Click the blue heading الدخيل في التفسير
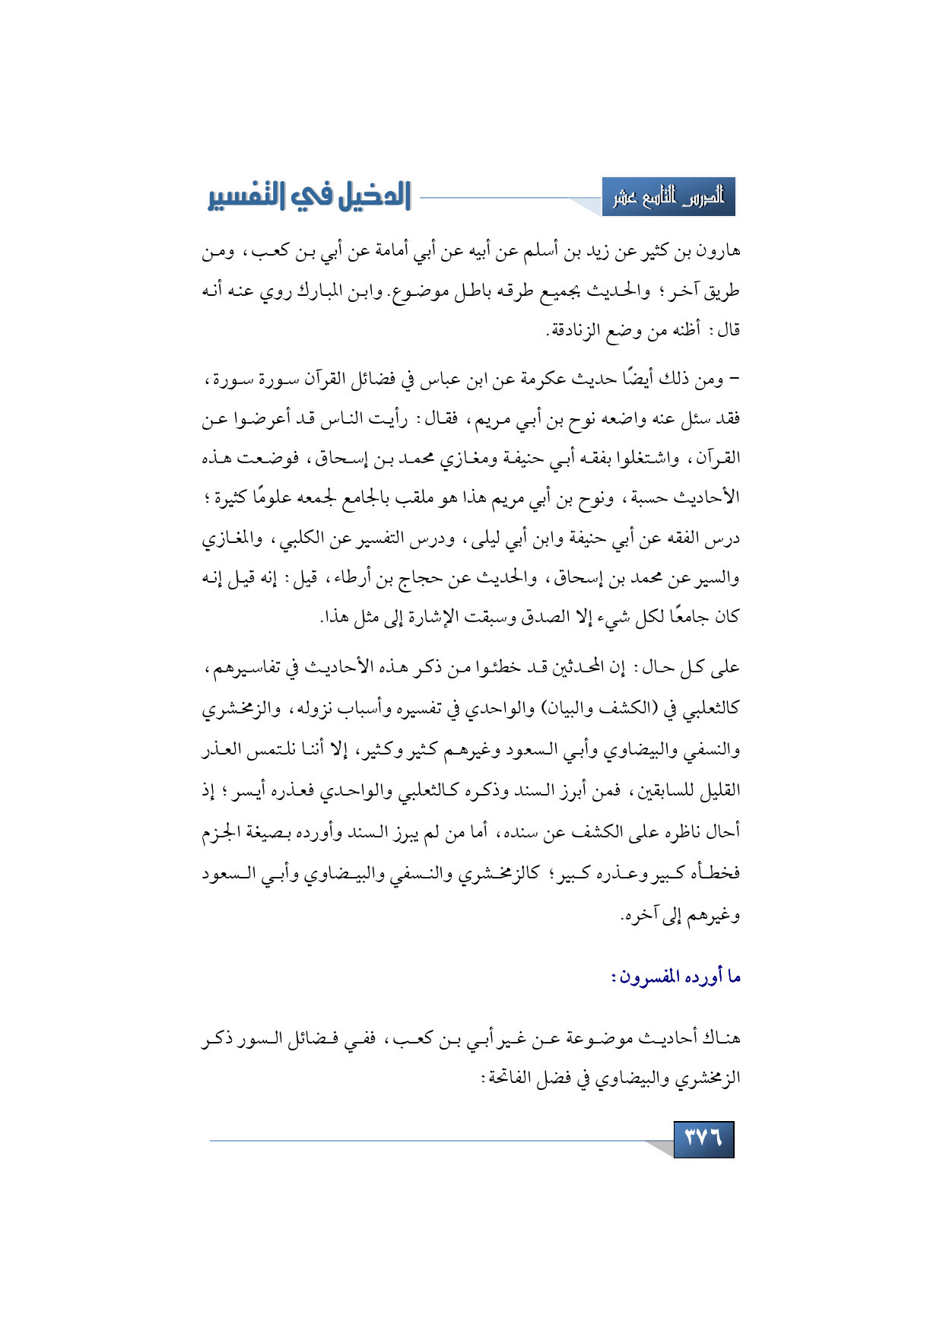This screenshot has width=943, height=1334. (309, 197)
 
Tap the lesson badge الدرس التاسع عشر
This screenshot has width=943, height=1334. (668, 197)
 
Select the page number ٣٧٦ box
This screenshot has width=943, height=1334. (703, 1139)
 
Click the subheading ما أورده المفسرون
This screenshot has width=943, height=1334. (676, 976)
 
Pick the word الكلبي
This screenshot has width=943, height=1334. (300, 540)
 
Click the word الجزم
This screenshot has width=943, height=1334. (221, 832)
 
